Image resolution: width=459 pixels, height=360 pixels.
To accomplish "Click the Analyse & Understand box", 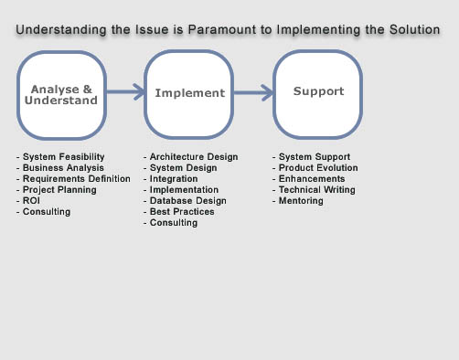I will tap(63, 93).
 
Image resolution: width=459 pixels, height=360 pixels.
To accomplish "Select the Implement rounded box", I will tap(188, 92).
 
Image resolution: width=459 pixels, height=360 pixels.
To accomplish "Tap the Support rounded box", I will tap(318, 91).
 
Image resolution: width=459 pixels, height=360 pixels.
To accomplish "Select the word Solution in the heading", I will tap(411, 30).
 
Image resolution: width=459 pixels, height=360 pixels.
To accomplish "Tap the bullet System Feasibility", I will tap(60, 157).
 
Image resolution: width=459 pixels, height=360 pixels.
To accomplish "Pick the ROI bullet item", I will tap(28, 201).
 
